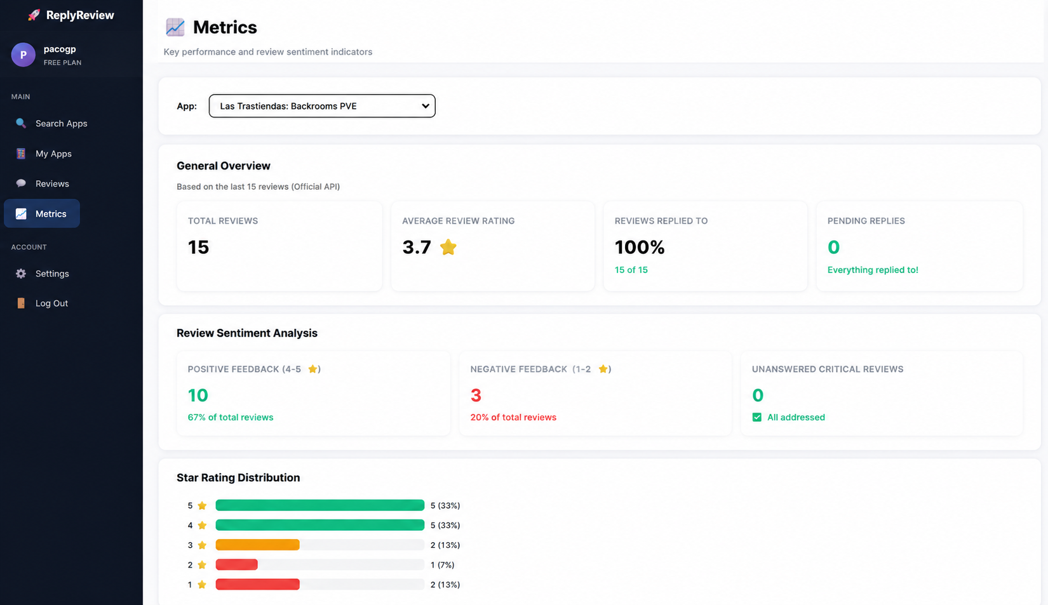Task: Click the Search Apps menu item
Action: [51, 123]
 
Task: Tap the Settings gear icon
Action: [21, 274]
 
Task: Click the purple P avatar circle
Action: [24, 55]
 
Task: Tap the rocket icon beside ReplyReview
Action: [34, 15]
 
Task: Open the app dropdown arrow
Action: [426, 105]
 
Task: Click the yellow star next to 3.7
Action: [448, 247]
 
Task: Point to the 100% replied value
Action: [639, 248]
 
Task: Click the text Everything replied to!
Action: [873, 270]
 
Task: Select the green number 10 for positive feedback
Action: [198, 396]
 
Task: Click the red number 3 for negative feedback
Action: [476, 396]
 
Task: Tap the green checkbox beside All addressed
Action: [757, 417]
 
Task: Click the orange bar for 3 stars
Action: [257, 545]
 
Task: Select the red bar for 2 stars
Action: [236, 565]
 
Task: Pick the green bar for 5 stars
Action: [320, 505]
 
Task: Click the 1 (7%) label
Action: [442, 565]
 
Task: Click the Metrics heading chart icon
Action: [175, 27]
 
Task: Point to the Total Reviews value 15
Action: [198, 248]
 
